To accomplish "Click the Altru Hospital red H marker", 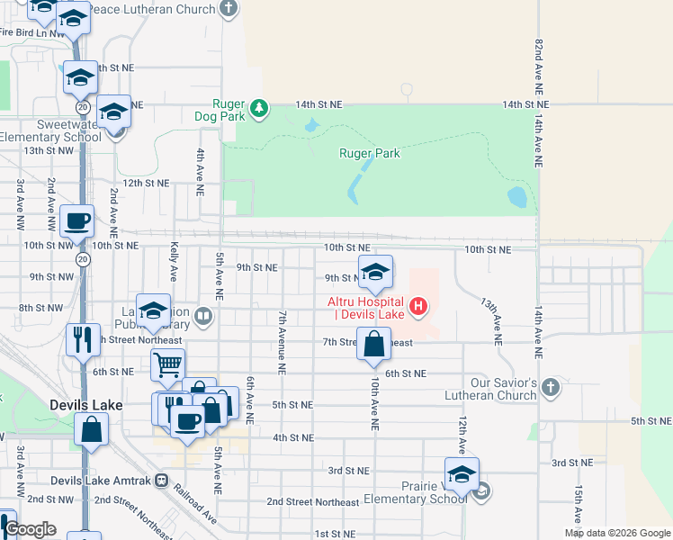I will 417,307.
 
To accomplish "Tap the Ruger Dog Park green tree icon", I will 259,108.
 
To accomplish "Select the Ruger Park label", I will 369,153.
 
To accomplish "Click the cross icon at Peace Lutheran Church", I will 229,10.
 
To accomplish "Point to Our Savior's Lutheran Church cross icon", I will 552,389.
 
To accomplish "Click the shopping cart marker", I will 167,365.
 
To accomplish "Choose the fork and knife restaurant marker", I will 83,339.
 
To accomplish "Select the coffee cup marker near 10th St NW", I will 77,220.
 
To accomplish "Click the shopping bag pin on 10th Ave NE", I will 373,344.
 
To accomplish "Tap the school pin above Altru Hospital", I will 376,271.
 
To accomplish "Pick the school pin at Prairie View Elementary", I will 462,473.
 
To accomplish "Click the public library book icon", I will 204,316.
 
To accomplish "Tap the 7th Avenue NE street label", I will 282,343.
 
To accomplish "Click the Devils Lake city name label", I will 86,405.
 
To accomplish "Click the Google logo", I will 31,529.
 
